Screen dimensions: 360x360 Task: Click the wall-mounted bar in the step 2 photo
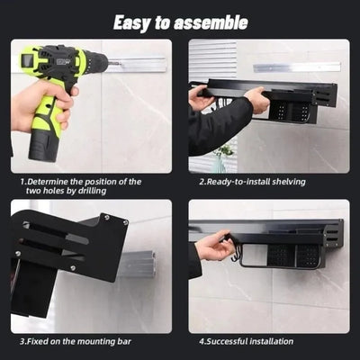[297, 67]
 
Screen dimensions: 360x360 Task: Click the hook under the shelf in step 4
[237, 260]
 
